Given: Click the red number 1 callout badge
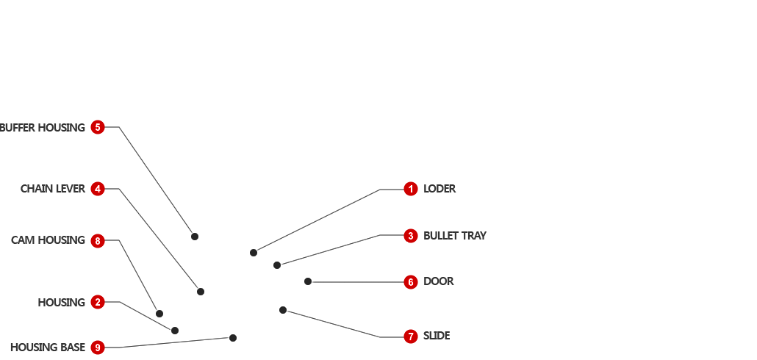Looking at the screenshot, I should pos(411,189).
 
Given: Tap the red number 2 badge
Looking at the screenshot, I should pos(98,302).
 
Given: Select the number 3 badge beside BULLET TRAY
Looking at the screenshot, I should pos(411,236).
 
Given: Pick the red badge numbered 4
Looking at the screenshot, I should pos(98,189).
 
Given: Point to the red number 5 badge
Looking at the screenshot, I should pos(98,127).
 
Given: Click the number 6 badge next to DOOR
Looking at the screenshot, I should pos(411,281).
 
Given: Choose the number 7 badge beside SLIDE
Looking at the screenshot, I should pos(411,336).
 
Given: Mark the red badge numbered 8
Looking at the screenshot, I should pos(98,240).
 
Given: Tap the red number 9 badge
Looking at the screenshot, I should pos(98,348).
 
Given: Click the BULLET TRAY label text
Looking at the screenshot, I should pos(455,236).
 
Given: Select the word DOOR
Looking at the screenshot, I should pos(439,281).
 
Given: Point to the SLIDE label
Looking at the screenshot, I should pos(437,336).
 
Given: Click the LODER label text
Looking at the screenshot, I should pos(440,189).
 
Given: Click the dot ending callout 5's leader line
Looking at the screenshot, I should pos(195,237).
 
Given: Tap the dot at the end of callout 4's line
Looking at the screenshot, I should pos(201,292).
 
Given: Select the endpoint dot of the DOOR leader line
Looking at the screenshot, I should pos(308,281).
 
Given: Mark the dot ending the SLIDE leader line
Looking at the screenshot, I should pos(283,310).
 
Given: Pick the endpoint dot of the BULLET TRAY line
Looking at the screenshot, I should pos(277,265).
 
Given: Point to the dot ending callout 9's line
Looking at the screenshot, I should pos(233,338).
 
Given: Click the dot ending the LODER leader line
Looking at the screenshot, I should pos(254,253).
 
